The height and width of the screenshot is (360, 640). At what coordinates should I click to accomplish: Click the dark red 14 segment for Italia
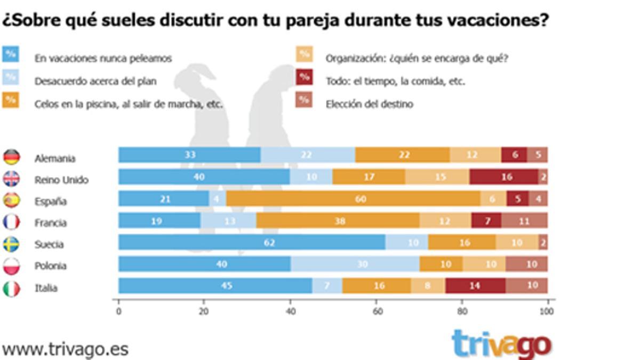[475, 285]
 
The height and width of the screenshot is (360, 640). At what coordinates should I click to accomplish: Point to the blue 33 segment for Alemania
[189, 155]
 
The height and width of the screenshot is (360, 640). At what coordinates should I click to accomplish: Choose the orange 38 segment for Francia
[338, 220]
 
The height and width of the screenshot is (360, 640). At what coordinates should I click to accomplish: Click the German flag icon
[11, 157]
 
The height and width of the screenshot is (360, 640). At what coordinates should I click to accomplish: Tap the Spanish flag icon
[11, 201]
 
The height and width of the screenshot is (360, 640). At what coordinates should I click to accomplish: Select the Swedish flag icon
[11, 244]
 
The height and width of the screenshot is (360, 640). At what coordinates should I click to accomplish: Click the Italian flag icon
[11, 288]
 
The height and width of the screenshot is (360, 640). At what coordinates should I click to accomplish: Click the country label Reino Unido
[61, 180]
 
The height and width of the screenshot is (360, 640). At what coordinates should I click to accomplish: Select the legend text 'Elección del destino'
[369, 105]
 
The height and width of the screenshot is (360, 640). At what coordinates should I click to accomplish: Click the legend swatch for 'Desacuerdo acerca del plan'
[11, 77]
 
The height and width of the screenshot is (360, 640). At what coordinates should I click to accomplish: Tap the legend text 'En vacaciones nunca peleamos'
[103, 59]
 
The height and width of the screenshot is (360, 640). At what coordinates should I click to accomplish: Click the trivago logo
[501, 344]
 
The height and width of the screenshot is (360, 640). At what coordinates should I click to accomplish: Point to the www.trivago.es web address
[65, 349]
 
